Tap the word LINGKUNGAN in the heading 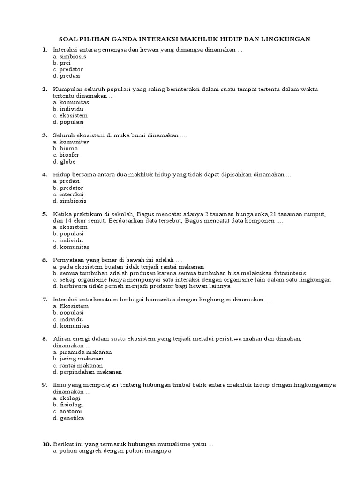[288, 39]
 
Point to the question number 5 [45, 214]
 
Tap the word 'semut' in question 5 [94, 220]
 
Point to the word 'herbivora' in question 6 [73, 286]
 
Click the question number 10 [45, 444]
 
